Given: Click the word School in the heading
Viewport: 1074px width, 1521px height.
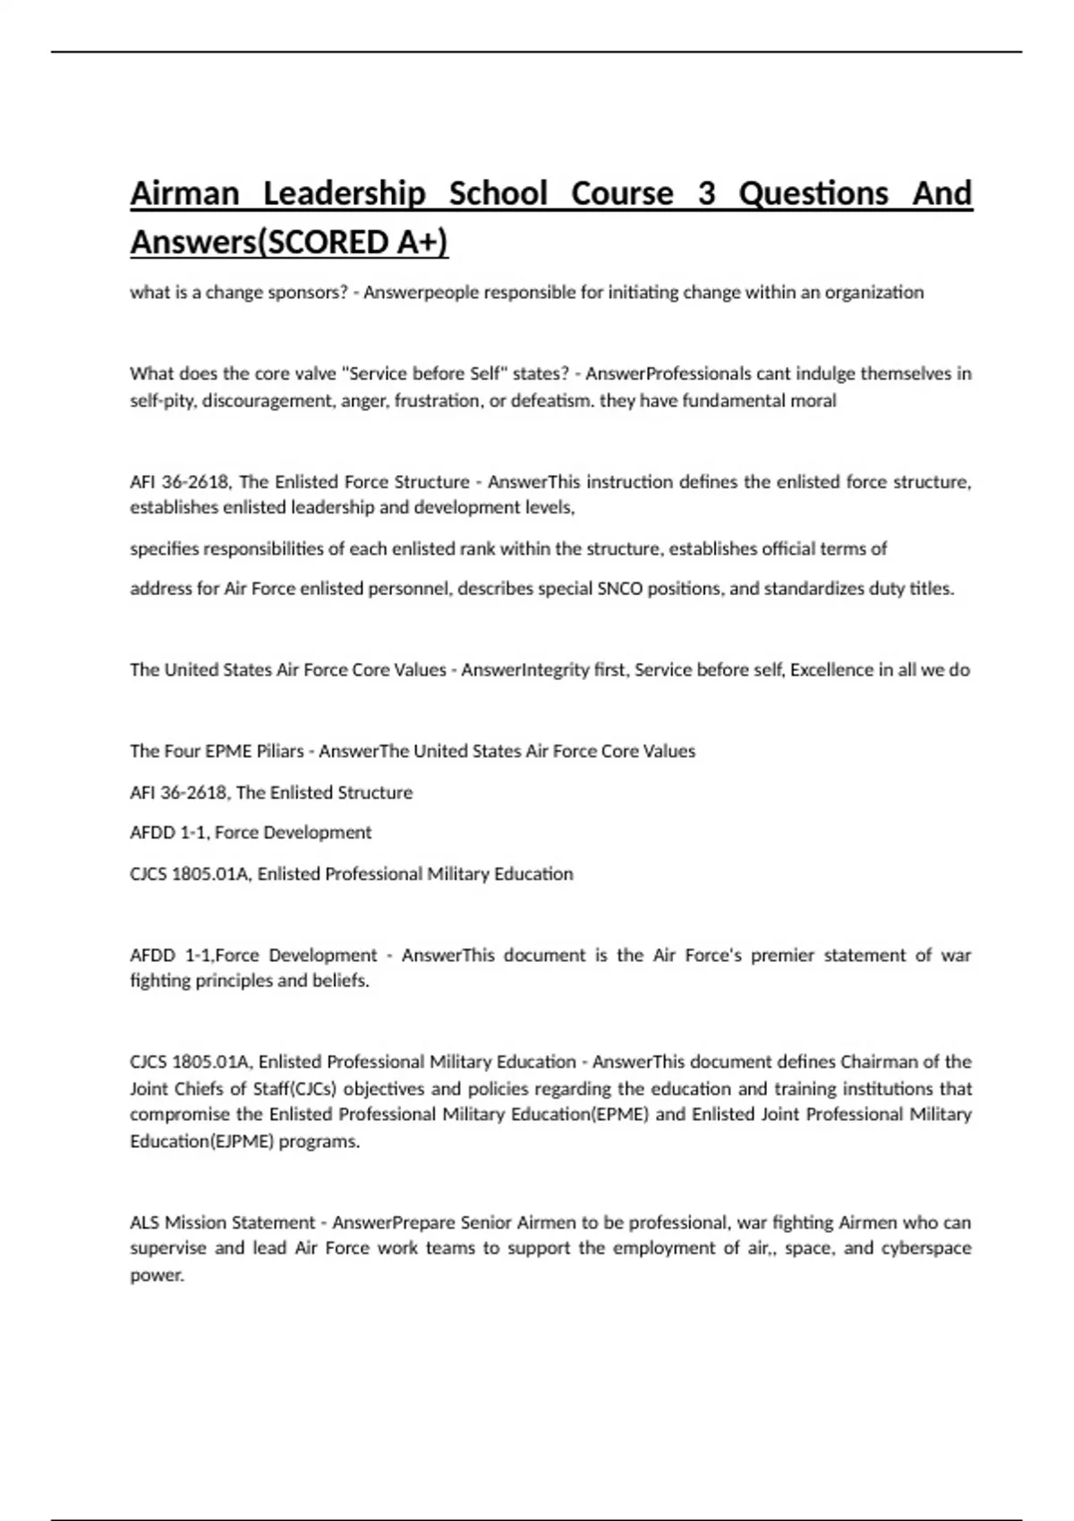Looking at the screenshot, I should (x=498, y=193).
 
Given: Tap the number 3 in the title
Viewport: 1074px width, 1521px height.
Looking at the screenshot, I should (x=706, y=193).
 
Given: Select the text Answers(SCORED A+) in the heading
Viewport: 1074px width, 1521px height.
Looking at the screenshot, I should (x=289, y=242).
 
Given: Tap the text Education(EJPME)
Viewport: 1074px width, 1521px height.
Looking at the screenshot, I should (x=201, y=1142).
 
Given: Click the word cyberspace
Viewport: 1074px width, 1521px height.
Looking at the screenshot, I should (x=927, y=1248).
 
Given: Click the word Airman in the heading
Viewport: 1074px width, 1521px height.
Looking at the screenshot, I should (x=184, y=193).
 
